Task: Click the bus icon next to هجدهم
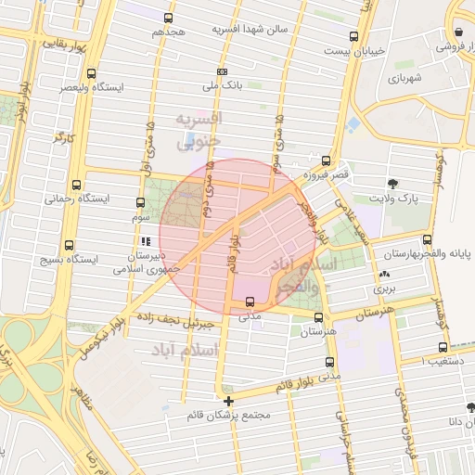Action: coord(168,18)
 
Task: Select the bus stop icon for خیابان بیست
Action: coord(353,37)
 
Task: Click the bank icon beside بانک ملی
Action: coord(222,71)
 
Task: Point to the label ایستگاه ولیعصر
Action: coord(90,86)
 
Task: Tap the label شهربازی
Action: coord(405,79)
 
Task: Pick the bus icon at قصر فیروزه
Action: coord(326,160)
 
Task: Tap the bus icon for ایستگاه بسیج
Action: coord(70,246)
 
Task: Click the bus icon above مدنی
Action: coord(250,302)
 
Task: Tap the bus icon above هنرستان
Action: coord(317,317)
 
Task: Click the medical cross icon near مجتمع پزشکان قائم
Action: coord(228,400)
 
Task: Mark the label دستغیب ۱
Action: coord(436,358)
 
